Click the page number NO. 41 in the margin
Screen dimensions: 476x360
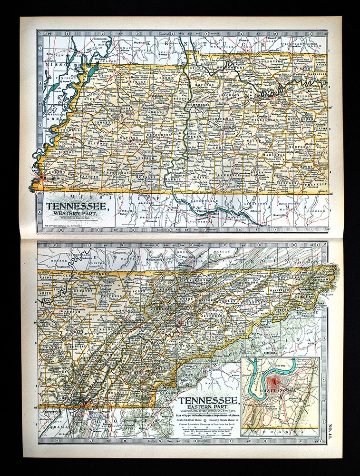[330, 427]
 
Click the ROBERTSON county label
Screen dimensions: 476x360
[269, 62]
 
